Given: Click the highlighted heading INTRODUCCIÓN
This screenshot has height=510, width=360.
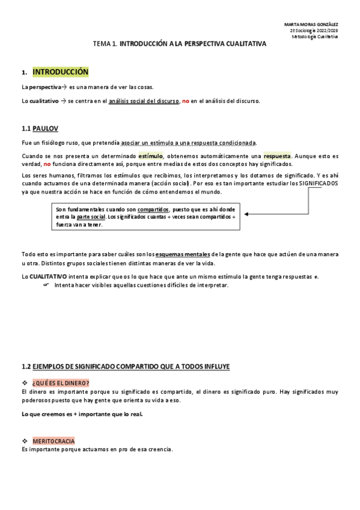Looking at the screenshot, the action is [x=60, y=72].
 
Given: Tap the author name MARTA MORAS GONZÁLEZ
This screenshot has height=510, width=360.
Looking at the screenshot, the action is [x=310, y=24].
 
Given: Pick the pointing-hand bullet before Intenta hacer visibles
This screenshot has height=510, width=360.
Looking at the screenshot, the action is [x=46, y=284].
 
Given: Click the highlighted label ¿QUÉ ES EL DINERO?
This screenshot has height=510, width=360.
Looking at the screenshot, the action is [x=61, y=383].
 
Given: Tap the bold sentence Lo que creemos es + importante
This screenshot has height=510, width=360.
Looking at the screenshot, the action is [x=82, y=414].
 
